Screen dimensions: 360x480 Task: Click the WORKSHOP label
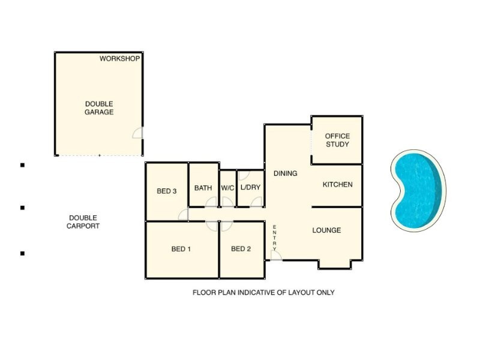tap(119, 59)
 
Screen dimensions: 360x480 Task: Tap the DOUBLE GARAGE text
tap(99, 108)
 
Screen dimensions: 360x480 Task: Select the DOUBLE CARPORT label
tap(83, 222)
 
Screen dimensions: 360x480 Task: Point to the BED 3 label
tap(166, 192)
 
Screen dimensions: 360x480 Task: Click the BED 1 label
tap(181, 250)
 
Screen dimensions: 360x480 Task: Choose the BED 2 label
tap(241, 250)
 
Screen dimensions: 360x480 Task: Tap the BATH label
tap(203, 188)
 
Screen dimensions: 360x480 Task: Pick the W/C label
tap(227, 188)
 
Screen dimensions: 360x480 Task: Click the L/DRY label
tap(250, 188)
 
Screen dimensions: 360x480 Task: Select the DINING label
tap(285, 174)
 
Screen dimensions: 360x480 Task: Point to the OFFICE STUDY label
tap(337, 140)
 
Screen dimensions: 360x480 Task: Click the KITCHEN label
tap(337, 185)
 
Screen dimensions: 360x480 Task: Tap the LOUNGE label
tap(326, 230)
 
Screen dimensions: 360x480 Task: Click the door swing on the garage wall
tap(137, 134)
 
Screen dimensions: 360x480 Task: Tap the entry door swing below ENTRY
tap(275, 255)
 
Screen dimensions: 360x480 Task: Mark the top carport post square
tap(22, 164)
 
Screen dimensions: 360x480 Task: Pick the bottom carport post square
tap(22, 253)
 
